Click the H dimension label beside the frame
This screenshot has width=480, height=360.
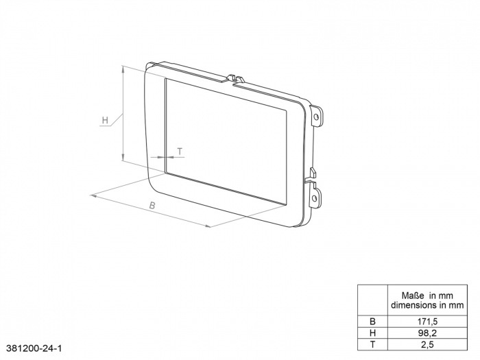click(x=105, y=121)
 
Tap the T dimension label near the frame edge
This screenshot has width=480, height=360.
click(x=179, y=150)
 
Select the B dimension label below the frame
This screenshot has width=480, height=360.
click(x=153, y=206)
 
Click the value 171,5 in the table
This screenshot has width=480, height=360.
click(x=427, y=320)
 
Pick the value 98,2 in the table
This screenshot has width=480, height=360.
click(x=427, y=332)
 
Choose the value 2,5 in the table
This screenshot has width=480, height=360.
click(x=427, y=344)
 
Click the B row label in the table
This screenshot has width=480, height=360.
click(x=372, y=320)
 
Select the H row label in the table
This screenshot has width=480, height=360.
click(x=372, y=332)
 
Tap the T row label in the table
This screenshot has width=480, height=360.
click(x=372, y=344)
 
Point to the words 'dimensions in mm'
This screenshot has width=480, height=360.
click(x=427, y=304)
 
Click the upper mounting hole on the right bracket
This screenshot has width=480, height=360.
click(x=316, y=117)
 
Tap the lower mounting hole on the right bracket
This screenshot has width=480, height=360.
click(x=315, y=198)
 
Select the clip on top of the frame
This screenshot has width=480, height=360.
click(x=235, y=76)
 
